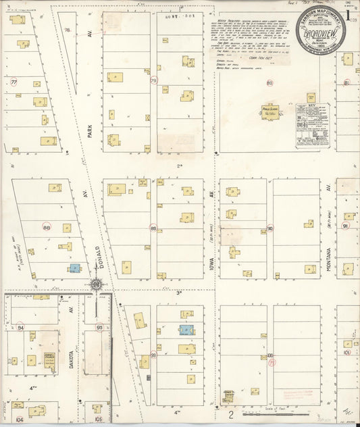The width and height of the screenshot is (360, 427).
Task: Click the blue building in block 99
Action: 184,330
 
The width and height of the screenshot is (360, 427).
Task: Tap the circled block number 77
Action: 14,82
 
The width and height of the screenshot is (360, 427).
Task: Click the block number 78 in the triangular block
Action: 67,30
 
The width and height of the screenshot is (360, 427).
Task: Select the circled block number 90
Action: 269,228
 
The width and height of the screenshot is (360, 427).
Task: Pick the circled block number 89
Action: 154,228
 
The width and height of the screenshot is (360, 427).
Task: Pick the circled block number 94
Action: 20,328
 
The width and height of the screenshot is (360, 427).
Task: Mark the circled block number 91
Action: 346,226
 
